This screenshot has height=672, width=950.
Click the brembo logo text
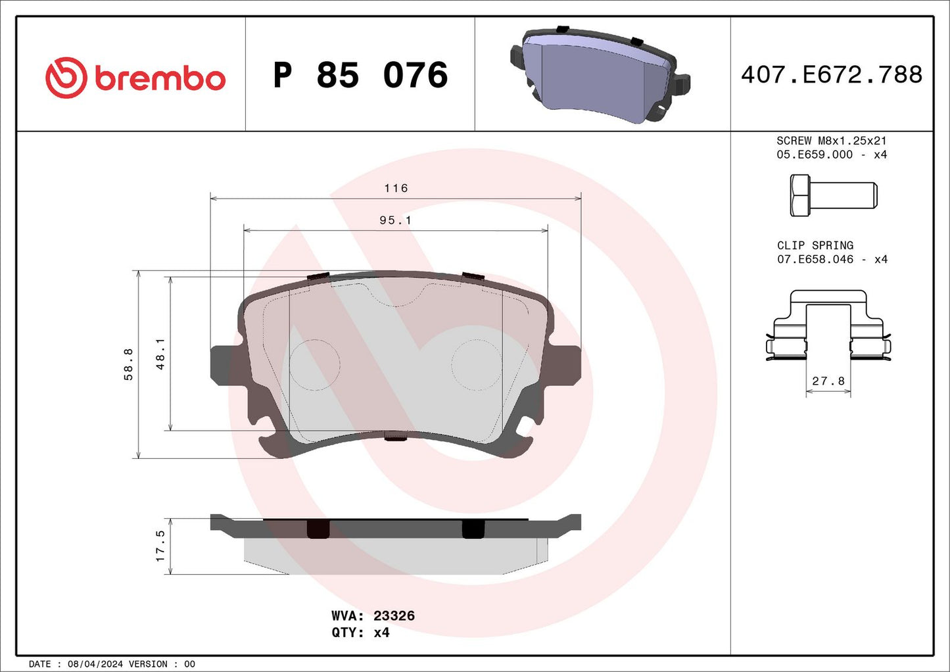160,78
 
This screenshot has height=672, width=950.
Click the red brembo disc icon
66,78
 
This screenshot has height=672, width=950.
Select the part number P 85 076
360,75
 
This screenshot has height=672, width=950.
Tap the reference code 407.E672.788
832,74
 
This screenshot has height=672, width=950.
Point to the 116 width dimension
396,189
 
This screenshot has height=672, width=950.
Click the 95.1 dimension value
395,220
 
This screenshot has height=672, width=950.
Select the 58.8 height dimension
129,364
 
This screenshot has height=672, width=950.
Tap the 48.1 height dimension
160,354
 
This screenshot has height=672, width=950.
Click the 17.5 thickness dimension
160,546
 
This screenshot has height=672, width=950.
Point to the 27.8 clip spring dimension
828,381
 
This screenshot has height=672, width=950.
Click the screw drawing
833,195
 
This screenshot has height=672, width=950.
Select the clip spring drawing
828,325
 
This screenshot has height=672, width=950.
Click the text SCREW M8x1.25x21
831,141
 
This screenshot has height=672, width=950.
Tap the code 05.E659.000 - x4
831,155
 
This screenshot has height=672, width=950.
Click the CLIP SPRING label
815,245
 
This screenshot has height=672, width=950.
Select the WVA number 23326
394,616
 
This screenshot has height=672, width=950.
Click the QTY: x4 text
360,633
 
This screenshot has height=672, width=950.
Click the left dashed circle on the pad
314,365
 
